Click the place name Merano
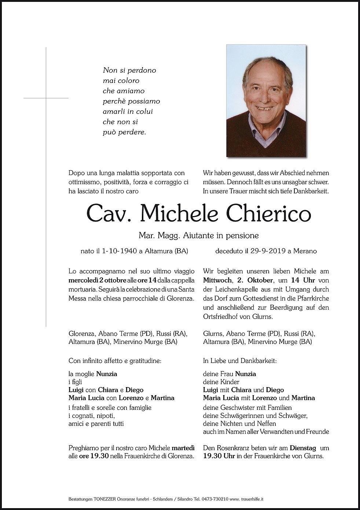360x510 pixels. tap(305, 251)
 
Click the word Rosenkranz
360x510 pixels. tap(231, 448)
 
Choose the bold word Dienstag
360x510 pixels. tap(304, 448)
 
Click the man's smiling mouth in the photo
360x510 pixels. tap(265, 108)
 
